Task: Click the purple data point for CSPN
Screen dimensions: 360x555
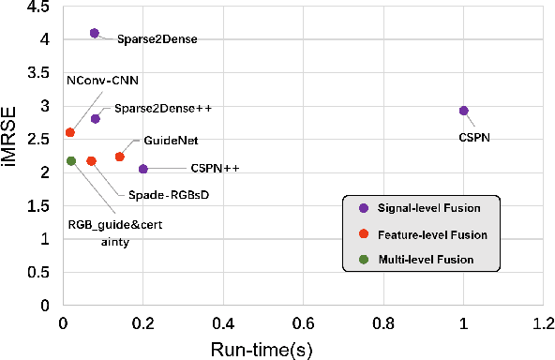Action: [463, 111]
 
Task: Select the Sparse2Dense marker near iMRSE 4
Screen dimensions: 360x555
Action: [94, 33]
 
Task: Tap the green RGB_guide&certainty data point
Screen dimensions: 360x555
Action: [71, 161]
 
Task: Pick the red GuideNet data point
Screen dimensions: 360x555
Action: [119, 157]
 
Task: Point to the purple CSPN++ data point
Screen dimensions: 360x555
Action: [142, 169]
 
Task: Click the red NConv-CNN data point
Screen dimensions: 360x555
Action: [70, 133]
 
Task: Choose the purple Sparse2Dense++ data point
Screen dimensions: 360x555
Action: [95, 119]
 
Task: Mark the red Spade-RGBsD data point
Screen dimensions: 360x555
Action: [91, 161]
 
